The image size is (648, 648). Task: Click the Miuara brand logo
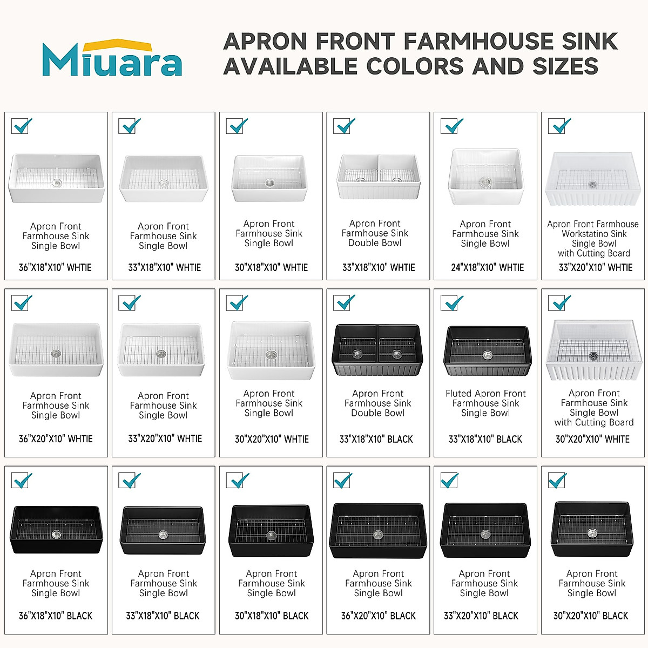click(112, 58)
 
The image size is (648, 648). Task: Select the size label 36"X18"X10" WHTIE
click(55, 267)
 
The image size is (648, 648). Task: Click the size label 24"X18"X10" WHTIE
click(487, 267)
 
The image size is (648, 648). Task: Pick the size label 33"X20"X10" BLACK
click(481, 616)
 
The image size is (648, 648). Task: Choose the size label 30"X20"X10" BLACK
click(591, 616)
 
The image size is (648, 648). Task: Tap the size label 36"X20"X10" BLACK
click(379, 616)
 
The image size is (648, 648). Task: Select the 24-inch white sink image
click(485, 177)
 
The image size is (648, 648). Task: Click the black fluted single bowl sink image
click(487, 351)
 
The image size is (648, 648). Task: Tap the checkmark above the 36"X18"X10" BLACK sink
click(22, 480)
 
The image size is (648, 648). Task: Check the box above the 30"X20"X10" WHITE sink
click(558, 303)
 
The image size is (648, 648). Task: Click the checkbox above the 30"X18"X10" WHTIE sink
click(237, 126)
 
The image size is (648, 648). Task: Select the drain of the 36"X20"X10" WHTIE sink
click(56, 354)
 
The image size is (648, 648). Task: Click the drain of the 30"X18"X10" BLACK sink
click(272, 535)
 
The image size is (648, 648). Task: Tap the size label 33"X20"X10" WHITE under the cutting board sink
click(595, 267)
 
